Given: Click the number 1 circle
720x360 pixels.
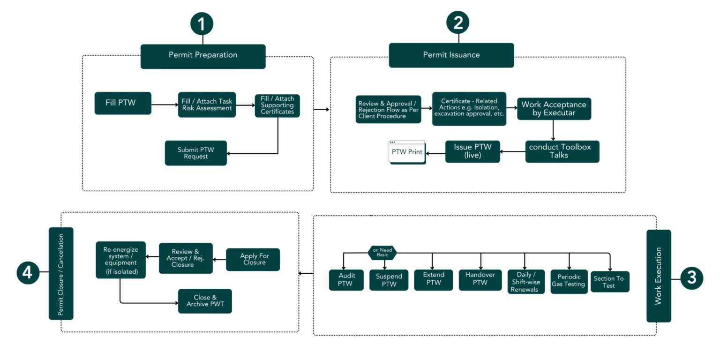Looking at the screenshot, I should pos(202,24).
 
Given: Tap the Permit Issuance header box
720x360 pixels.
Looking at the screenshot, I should pos(451,55).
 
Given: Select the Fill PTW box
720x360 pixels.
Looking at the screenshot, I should pos(123,103).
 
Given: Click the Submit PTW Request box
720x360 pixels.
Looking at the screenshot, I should pos(195,153).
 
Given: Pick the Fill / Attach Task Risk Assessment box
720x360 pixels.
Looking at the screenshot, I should pos(207,105).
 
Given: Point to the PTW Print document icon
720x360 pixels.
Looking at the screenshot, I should pos(407,152).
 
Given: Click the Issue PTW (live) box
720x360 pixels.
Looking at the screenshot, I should pos(472,151).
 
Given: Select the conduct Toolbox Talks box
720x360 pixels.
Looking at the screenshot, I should pos(562,151).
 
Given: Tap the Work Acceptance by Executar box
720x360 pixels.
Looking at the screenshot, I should pos(554,109).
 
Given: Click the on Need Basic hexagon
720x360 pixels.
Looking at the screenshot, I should pos(382,253).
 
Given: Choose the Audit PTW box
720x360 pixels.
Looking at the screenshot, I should pos(346,280).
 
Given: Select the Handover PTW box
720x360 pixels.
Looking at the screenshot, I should pos(480,280).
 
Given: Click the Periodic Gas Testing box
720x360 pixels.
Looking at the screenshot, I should pos(569,281).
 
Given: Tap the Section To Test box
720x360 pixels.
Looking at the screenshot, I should pos(609,282).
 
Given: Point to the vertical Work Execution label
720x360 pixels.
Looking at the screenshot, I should pos(658,276).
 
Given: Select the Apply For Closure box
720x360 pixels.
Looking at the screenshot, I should pos(253,259).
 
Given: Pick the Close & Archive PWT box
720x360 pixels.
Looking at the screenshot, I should pos(205,301).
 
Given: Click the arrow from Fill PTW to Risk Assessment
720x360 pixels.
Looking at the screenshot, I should pos(165,105).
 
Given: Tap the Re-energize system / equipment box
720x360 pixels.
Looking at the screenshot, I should pos(120,260).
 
